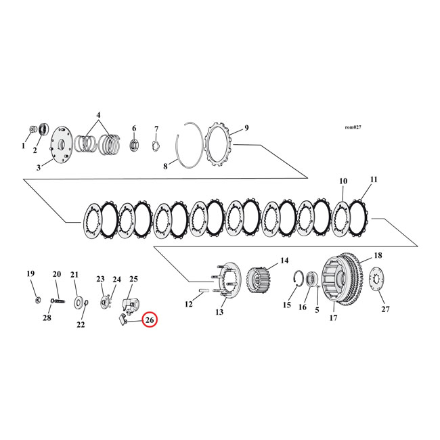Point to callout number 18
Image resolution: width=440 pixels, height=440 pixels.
pos(377,255)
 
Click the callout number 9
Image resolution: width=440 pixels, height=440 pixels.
pos(246,127)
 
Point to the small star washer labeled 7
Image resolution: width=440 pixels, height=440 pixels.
pos(154,146)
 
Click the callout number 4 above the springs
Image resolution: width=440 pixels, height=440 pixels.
pos(99,115)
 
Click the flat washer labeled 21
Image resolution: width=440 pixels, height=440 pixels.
pos(79,300)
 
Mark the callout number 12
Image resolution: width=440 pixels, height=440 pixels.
pos(189,305)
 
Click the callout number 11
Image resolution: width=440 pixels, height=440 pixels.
pos(373,180)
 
